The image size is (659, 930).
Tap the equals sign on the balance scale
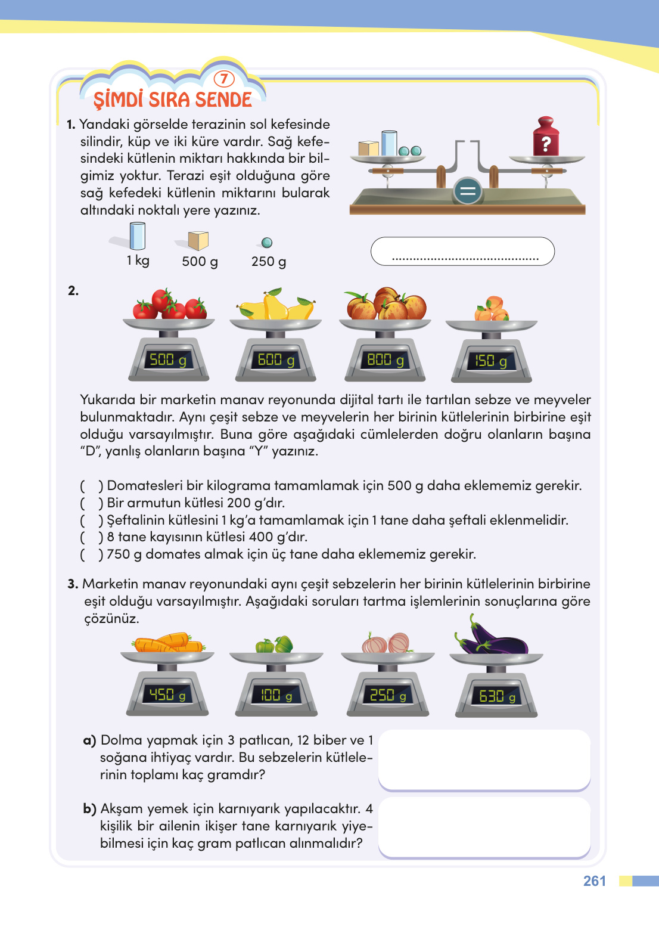pyautogui.click(x=468, y=191)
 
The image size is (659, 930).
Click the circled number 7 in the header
pyautogui.click(x=224, y=79)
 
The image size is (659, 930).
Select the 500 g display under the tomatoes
pyautogui.click(x=168, y=360)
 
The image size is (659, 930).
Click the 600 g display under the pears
pyautogui.click(x=276, y=360)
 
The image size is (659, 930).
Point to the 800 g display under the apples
pyautogui.click(x=386, y=360)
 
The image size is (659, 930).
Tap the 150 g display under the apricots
pyautogui.click(x=491, y=361)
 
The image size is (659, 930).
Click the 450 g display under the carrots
pyautogui.click(x=167, y=695)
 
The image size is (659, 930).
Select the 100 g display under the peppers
pyautogui.click(x=276, y=695)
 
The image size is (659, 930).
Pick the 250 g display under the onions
pyautogui.click(x=388, y=695)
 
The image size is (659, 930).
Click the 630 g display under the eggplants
pyautogui.click(x=497, y=696)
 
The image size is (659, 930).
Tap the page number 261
pyautogui.click(x=594, y=881)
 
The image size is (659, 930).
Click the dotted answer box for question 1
pyautogui.click(x=462, y=252)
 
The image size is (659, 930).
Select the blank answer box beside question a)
pyautogui.click(x=484, y=759)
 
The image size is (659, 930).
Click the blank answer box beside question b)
pyautogui.click(x=484, y=827)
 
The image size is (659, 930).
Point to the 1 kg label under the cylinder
pyautogui.click(x=138, y=261)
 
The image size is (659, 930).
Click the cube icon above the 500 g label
pyautogui.click(x=198, y=240)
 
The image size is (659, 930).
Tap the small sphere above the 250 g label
pyautogui.click(x=267, y=243)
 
